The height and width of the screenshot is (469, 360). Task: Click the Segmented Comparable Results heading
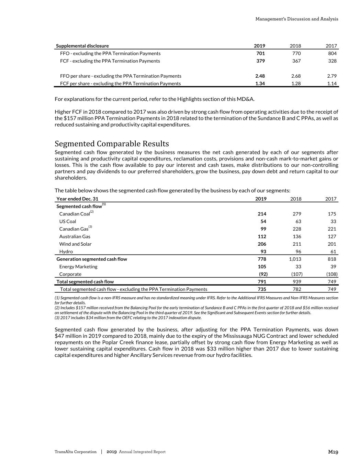tap(112, 144)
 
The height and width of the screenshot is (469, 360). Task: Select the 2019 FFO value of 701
tap(260, 53)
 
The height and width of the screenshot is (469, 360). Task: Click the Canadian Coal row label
tap(75, 214)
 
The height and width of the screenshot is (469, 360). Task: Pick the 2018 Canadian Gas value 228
tap(297, 229)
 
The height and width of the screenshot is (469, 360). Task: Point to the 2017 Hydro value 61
tap(333, 252)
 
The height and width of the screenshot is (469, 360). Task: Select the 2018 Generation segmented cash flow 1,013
tap(295, 259)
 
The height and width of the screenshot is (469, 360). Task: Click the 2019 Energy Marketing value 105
tap(262, 267)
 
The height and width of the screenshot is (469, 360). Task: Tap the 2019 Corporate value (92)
tap(263, 274)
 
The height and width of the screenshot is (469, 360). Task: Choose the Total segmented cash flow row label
tap(85, 282)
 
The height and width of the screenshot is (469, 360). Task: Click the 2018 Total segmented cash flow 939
tap(297, 282)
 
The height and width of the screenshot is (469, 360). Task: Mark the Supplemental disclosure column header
tap(82, 46)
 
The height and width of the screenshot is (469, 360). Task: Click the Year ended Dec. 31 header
tap(77, 199)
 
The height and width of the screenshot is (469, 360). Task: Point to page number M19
tap(333, 452)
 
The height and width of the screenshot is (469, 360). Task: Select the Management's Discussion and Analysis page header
tap(296, 19)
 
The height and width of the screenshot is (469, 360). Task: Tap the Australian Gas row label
tap(75, 236)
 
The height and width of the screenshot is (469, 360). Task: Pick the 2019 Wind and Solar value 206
tap(262, 244)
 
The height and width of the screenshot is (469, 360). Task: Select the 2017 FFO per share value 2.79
tap(331, 76)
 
